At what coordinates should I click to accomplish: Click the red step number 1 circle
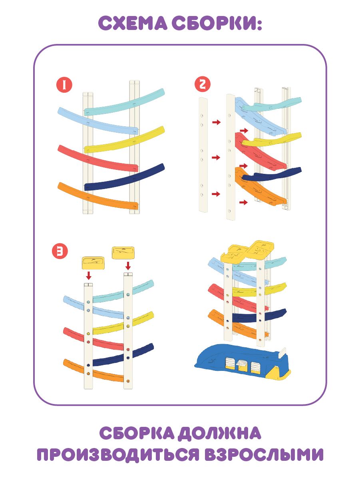tap(64, 85)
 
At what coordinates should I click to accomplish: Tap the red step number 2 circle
tap(203, 84)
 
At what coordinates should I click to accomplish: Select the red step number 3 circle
tap(60, 251)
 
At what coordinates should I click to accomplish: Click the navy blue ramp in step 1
tap(124, 177)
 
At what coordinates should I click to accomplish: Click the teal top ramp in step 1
tap(124, 103)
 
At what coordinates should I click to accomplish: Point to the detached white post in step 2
tap(203, 155)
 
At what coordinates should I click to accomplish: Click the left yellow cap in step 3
tap(93, 263)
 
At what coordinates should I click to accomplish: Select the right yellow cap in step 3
tap(123, 253)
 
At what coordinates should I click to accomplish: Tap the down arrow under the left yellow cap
tap(89, 276)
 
